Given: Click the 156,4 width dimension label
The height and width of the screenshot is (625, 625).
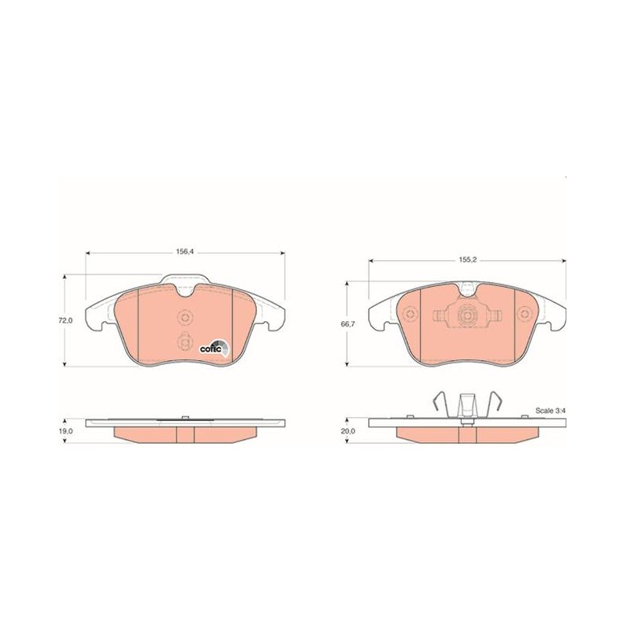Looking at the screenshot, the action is [x=184, y=252].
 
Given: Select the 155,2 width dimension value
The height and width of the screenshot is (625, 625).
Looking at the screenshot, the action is [x=467, y=259].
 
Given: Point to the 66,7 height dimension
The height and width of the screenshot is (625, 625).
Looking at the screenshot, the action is [x=348, y=324].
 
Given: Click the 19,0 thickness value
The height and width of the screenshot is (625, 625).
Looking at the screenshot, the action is [x=66, y=431].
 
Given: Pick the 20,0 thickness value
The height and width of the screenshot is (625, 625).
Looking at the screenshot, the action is [x=348, y=431].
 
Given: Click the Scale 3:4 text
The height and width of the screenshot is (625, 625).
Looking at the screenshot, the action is [x=550, y=411].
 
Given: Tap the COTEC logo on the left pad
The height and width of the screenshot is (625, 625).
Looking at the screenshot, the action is [x=214, y=348].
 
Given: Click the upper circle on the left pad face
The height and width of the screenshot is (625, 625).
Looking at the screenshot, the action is [x=184, y=318].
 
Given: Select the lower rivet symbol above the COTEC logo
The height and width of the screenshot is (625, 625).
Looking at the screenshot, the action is [x=184, y=341].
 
